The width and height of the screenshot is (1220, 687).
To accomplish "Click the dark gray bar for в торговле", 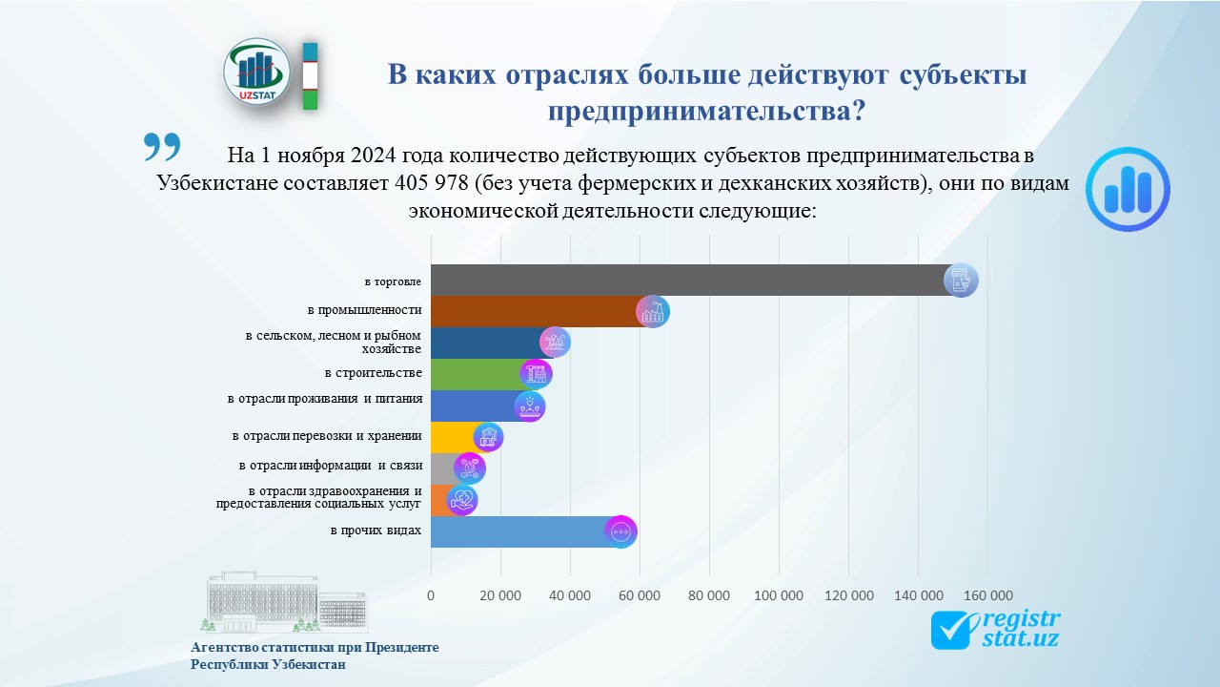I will pyautogui.click(x=686, y=281).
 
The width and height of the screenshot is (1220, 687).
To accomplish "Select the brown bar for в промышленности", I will pyautogui.click(x=534, y=312).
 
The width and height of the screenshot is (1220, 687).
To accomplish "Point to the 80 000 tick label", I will pyautogui.click(x=708, y=595).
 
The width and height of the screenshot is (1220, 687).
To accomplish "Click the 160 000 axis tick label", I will pyautogui.click(x=987, y=595).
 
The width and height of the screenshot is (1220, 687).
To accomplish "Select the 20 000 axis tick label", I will pyautogui.click(x=499, y=595).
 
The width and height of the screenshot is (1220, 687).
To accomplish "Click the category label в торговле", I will pyautogui.click(x=393, y=281).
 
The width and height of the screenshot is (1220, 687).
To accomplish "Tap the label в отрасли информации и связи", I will pyautogui.click(x=330, y=467).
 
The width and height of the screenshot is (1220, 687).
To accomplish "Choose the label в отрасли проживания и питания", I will pyautogui.click(x=324, y=399).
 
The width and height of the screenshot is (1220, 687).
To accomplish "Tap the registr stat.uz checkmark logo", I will pyautogui.click(x=995, y=630).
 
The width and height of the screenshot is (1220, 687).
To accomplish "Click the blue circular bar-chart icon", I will pyautogui.click(x=1128, y=189).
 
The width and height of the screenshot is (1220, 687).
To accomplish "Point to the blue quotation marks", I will pyautogui.click(x=162, y=147).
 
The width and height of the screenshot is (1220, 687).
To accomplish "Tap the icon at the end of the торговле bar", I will pyautogui.click(x=961, y=281).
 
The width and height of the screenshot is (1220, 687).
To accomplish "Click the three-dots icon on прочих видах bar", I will pyautogui.click(x=620, y=531).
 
